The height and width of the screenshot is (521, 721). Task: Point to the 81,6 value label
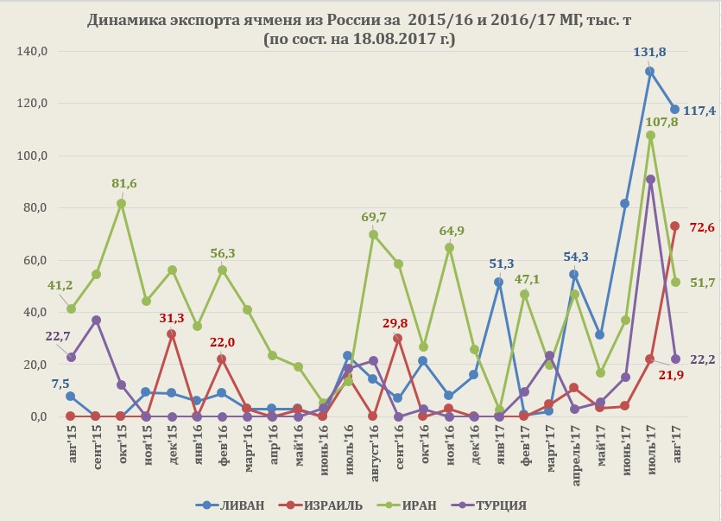coord(123,183)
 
